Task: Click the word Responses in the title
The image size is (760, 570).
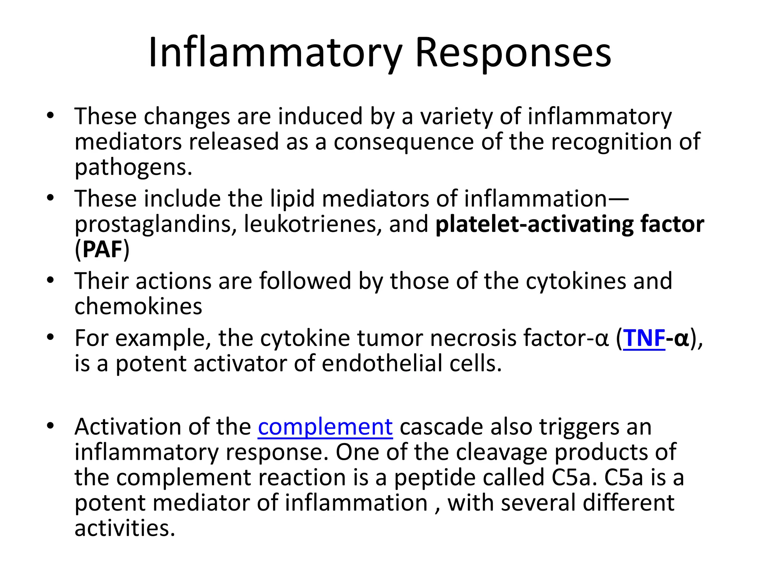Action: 513,53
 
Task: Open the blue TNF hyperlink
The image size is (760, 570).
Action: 644,338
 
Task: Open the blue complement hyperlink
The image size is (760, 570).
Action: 325,427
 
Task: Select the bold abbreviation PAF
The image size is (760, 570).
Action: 102,249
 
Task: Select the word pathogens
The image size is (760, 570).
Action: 133,168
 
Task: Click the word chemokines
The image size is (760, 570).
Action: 138,307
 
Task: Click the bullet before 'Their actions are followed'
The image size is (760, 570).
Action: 51,281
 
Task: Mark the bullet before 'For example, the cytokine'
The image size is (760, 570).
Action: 51,338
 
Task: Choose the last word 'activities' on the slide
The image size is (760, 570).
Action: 124,528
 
